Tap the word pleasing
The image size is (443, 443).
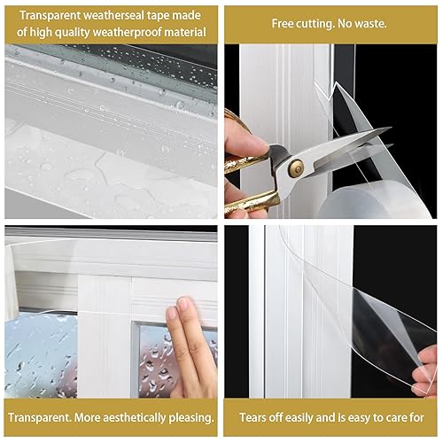point(186,416)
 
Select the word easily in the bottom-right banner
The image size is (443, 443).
point(312,416)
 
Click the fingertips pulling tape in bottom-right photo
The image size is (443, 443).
point(427,359)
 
